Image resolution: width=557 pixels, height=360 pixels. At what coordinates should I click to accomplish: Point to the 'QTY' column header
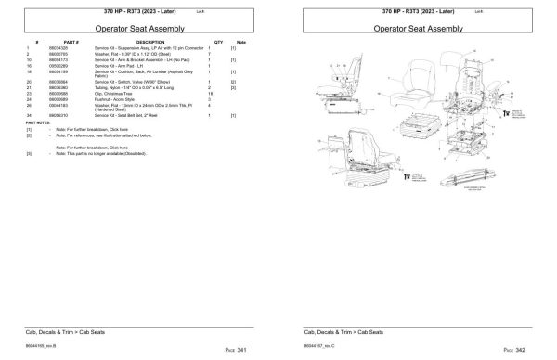(x=219, y=43)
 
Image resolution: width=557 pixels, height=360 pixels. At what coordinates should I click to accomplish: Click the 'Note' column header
(x=240, y=43)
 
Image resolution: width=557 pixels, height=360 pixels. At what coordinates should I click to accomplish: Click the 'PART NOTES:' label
(x=40, y=122)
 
